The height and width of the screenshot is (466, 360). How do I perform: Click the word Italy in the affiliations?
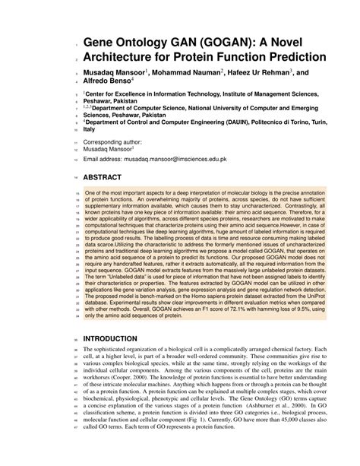click(x=91, y=130)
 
